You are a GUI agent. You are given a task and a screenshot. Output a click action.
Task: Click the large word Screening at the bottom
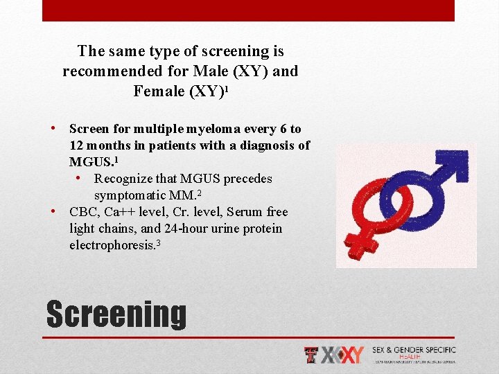116,314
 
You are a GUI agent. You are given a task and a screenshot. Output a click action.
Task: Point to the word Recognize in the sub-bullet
125,179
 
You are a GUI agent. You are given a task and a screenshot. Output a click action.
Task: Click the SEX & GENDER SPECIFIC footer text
414,350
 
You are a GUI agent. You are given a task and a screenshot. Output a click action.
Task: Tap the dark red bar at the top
248,10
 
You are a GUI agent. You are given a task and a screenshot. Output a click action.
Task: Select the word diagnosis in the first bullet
268,145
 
